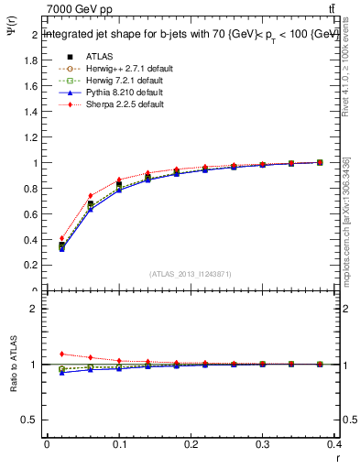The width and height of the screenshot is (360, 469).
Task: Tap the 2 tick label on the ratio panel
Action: click(x=34, y=309)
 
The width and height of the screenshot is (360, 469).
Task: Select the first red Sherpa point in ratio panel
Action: click(x=61, y=354)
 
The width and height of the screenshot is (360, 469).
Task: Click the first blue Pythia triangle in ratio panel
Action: click(x=61, y=373)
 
